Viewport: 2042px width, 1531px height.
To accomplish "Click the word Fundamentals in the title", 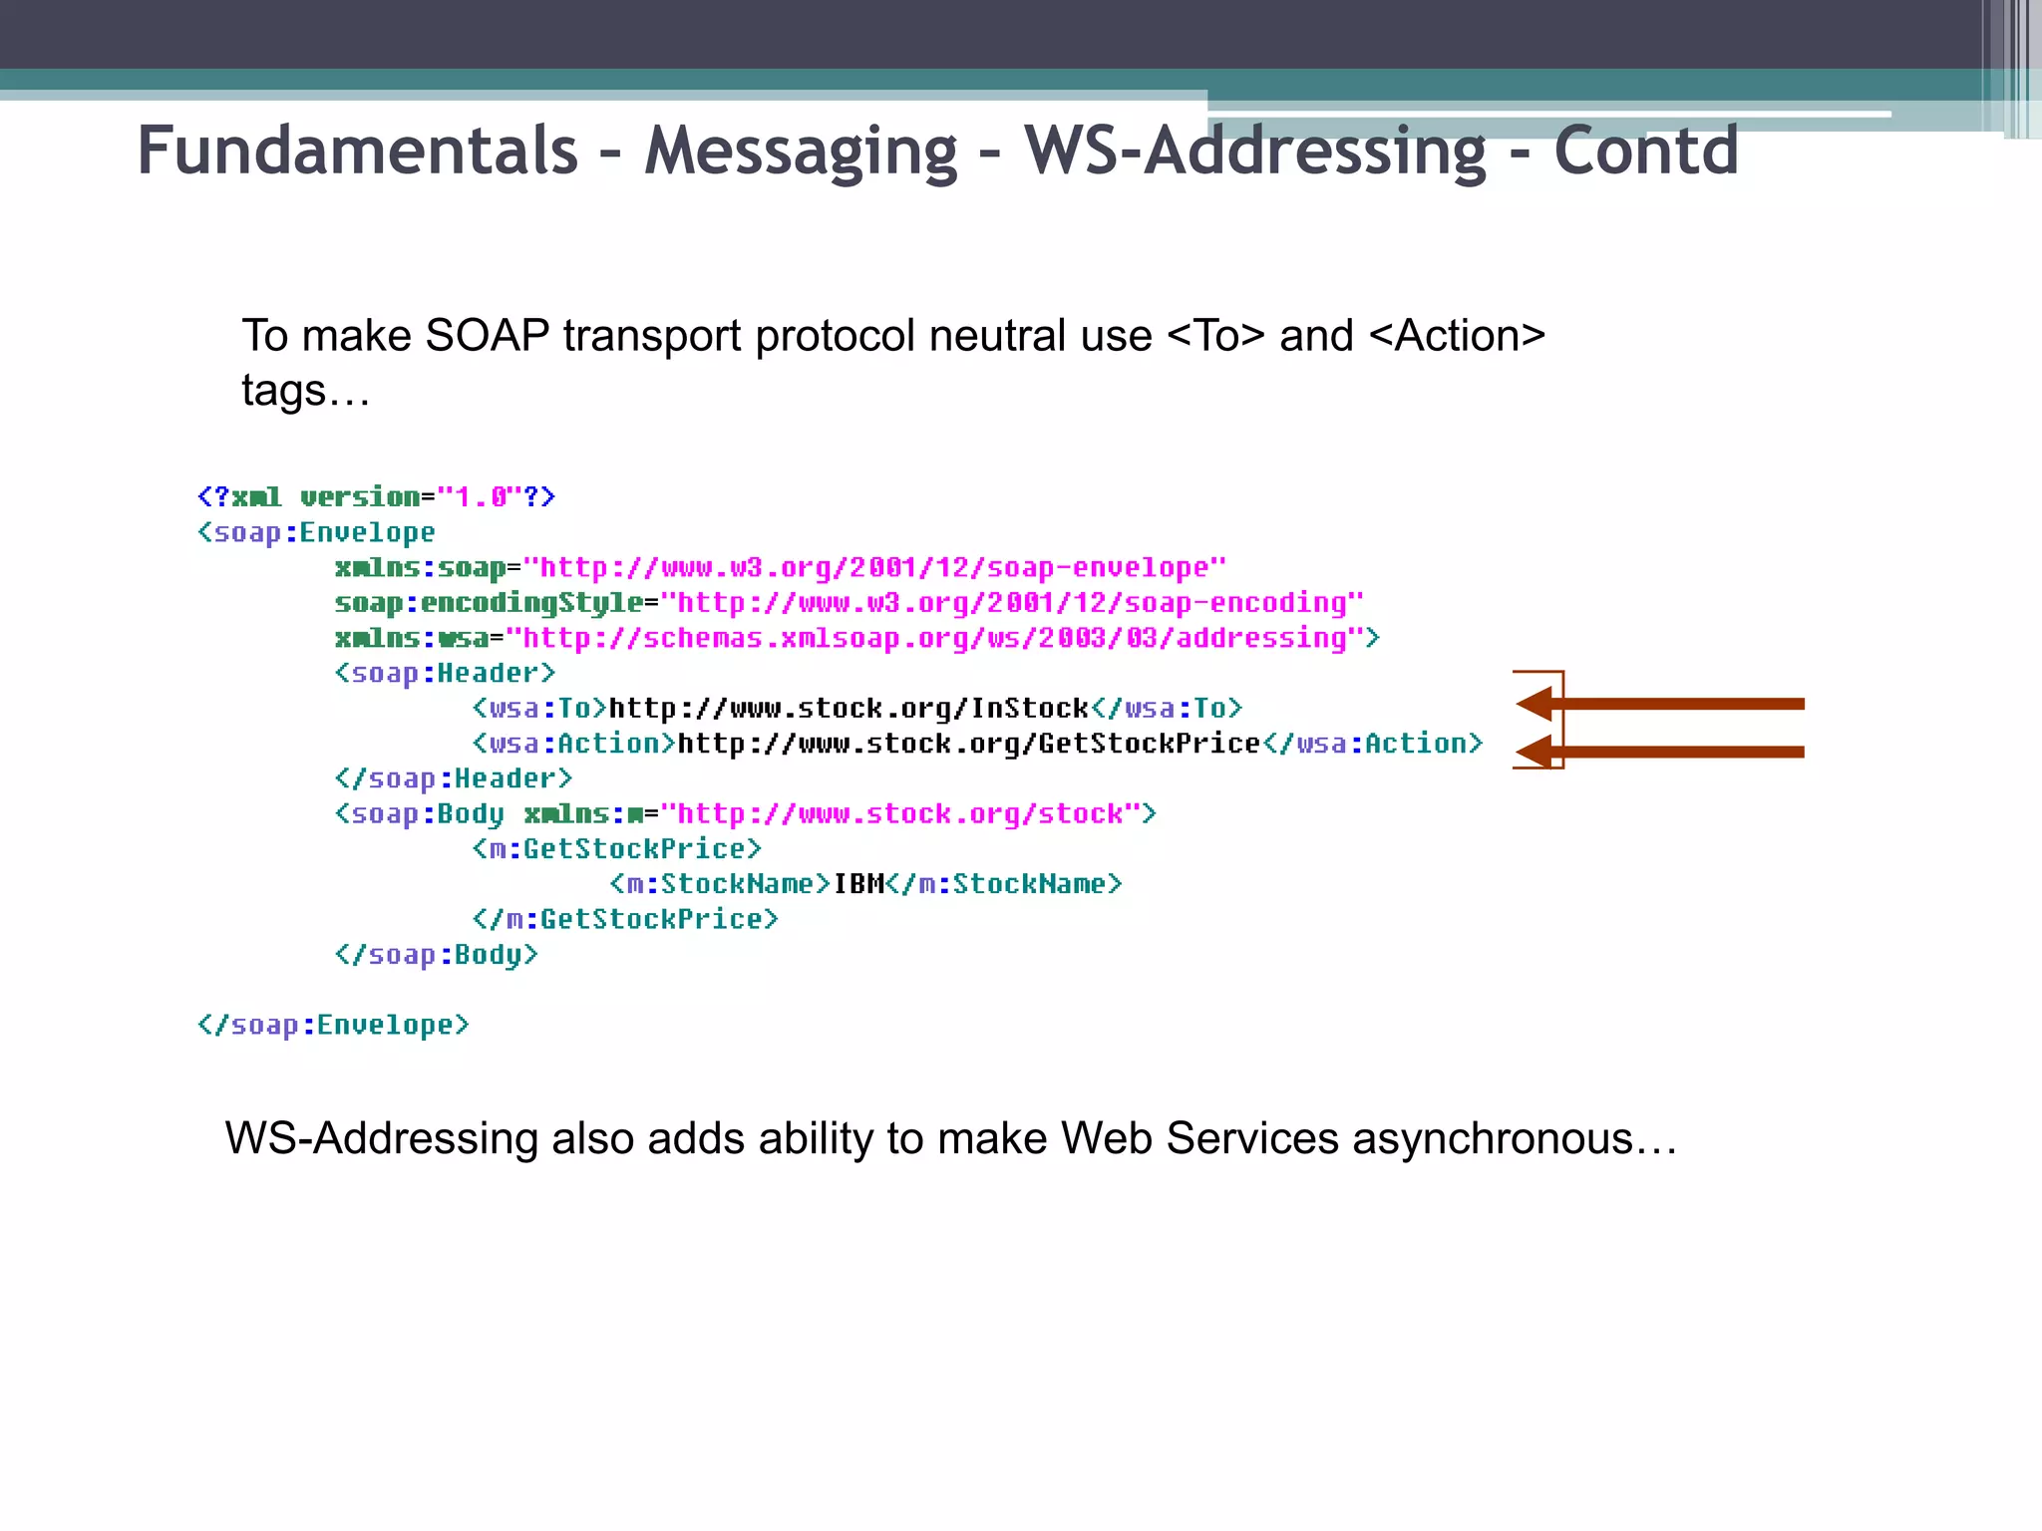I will click(x=357, y=151).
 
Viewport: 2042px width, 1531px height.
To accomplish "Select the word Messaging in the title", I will click(x=801, y=151).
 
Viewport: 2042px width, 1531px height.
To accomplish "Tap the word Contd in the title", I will click(x=1646, y=151).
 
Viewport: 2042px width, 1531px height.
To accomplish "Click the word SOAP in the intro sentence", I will click(x=487, y=336).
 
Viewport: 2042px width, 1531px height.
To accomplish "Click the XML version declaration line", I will click(x=376, y=496).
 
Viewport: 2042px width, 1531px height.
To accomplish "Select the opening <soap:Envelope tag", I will click(x=316, y=532).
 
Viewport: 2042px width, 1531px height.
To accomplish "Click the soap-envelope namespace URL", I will click(x=874, y=567).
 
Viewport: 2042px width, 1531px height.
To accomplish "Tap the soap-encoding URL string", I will click(x=1012, y=602).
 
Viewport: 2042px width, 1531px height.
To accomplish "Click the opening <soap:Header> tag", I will click(x=445, y=673).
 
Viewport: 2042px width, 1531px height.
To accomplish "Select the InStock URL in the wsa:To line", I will click(x=849, y=708).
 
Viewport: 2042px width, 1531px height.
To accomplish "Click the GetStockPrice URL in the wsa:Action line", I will click(x=968, y=744).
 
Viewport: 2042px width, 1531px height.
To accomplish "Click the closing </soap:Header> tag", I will click(x=454, y=778).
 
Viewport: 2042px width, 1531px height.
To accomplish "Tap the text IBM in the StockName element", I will click(x=858, y=884).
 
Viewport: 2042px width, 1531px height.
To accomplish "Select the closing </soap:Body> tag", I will click(x=437, y=955).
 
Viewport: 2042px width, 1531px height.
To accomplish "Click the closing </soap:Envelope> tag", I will click(x=333, y=1025).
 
